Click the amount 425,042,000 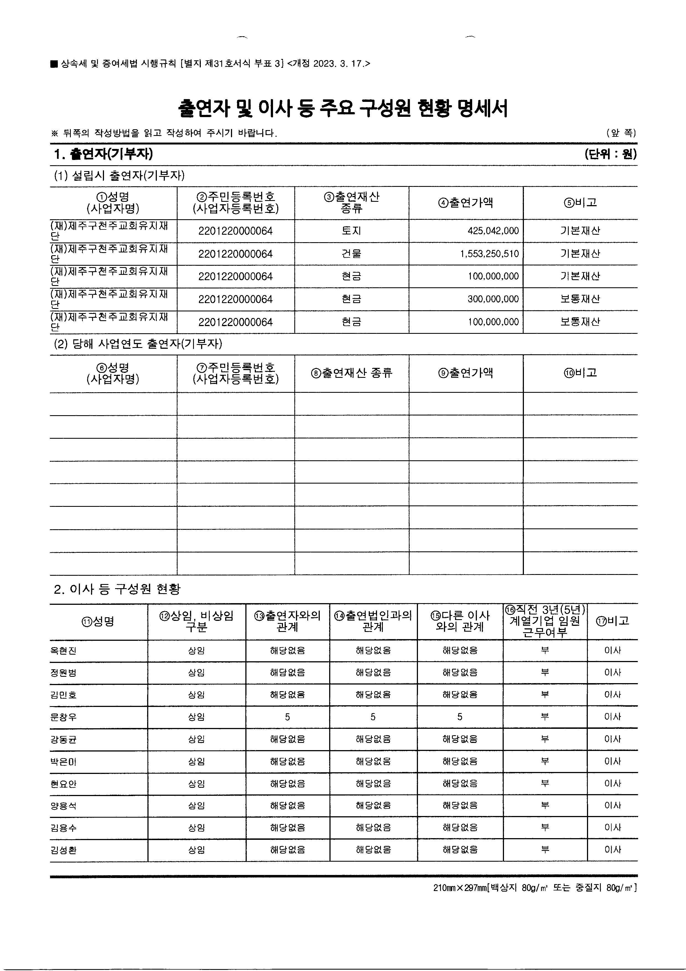[x=493, y=231]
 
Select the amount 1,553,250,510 [x=489, y=254]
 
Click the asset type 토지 [x=351, y=231]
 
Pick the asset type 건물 [x=351, y=254]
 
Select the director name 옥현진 [x=63, y=651]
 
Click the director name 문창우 [x=63, y=717]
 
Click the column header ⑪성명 [x=98, y=621]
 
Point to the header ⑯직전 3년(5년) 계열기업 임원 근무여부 [x=545, y=621]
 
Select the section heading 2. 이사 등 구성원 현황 [x=117, y=589]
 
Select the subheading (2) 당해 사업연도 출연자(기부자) [x=138, y=344]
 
